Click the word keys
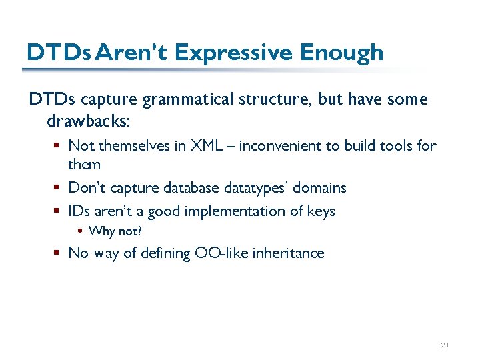click(319, 211)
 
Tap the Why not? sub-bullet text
click(115, 231)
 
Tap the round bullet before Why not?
click(80, 232)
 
